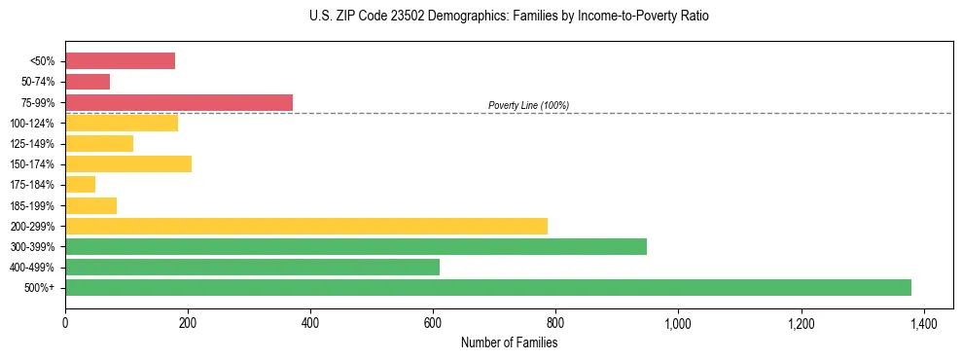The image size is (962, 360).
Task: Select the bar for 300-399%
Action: coord(356,246)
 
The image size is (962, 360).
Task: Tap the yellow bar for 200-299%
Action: coord(306,226)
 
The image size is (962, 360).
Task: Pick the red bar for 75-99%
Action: coord(179,102)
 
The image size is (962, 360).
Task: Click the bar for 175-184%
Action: coord(81,184)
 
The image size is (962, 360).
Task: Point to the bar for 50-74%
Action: coord(88,82)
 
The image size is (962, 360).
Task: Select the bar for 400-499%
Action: coord(252,267)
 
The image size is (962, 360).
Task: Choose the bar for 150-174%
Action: coord(128,163)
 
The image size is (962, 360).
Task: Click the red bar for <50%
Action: coord(120,61)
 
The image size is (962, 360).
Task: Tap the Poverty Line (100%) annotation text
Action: coord(528,105)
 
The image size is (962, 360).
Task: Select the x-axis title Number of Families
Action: coord(509,342)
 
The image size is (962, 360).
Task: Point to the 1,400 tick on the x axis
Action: coord(923,321)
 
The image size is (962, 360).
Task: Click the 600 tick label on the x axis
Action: coord(433,321)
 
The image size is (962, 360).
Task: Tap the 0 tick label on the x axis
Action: coord(65,321)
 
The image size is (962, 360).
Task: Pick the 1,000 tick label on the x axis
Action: coord(678,321)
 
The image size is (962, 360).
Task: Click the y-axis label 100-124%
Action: coord(32,124)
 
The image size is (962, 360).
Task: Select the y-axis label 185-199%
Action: coord(32,205)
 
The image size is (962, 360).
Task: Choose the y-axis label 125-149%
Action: coord(32,144)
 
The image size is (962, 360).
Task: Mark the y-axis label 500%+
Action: coord(39,288)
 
